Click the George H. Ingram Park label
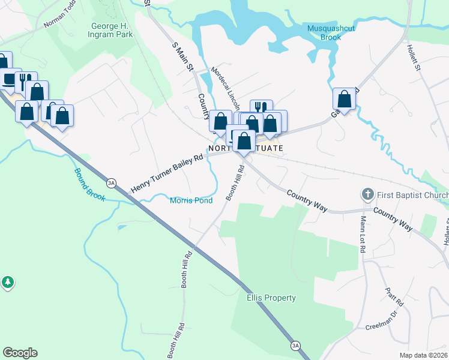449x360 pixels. [112, 30]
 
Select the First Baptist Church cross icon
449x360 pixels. [367, 194]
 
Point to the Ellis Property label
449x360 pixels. [271, 298]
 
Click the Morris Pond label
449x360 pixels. [191, 200]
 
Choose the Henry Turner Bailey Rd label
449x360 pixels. [167, 172]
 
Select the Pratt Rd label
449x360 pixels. [395, 296]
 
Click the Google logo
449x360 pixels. [20, 353]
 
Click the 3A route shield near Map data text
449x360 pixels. [295, 346]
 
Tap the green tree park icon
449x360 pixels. [7, 281]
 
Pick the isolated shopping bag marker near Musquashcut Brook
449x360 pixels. [345, 99]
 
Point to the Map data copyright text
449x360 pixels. [424, 355]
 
